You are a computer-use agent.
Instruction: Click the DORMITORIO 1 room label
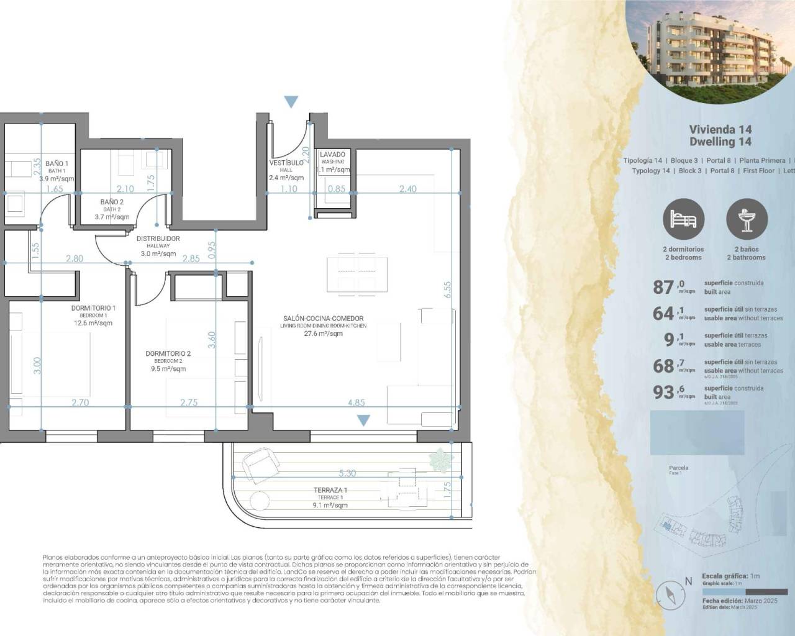point(93,308)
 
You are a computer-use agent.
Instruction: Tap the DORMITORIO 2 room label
point(168,354)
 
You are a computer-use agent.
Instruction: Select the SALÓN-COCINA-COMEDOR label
point(323,319)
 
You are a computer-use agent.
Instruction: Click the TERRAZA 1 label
point(329,490)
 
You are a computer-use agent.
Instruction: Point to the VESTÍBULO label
point(286,163)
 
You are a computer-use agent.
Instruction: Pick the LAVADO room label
point(332,155)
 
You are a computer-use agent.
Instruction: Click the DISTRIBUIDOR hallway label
point(158,238)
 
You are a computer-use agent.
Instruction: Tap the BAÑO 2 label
point(112,202)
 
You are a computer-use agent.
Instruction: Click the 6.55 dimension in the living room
point(448,290)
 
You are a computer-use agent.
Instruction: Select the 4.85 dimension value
point(356,402)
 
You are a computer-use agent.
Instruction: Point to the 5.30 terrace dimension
point(347,473)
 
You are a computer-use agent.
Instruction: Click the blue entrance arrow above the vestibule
point(291,102)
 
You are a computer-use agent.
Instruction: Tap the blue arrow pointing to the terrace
point(363,420)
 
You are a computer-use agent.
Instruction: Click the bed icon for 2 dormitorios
point(683,220)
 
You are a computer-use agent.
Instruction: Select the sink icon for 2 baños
point(747,220)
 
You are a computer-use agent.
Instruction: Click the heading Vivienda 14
point(720,130)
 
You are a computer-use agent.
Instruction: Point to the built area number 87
point(664,287)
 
